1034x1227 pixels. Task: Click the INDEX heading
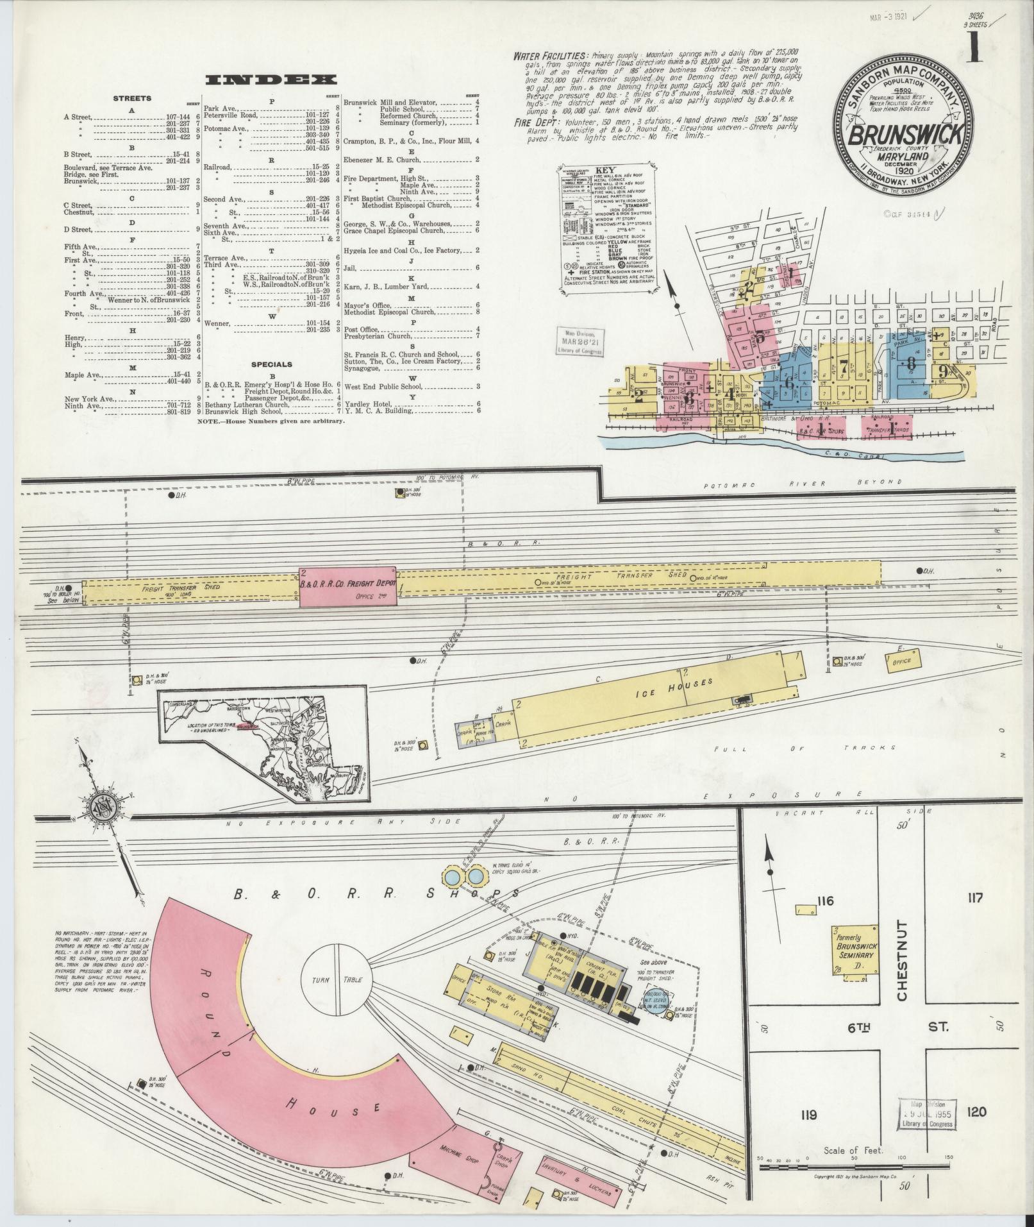[x=271, y=80]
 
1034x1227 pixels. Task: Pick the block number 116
[x=824, y=901]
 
